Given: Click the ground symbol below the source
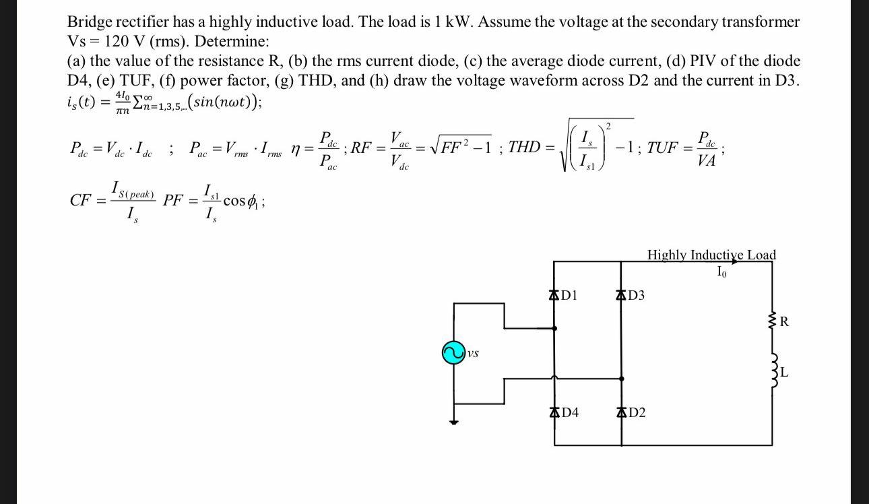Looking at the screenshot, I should tap(453, 422).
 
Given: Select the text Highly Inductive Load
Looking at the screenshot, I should tap(711, 255).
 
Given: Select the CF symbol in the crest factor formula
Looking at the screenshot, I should tap(81, 201).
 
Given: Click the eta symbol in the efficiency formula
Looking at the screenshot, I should tap(296, 149).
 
